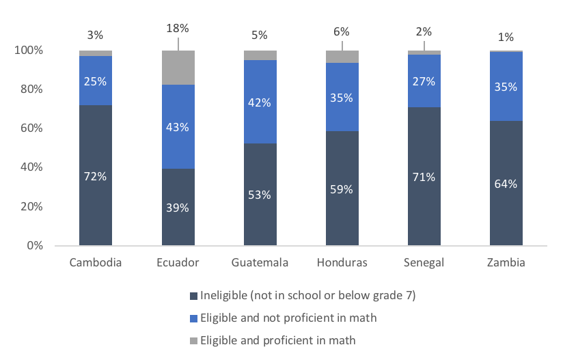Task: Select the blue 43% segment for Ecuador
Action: pyautogui.click(x=178, y=126)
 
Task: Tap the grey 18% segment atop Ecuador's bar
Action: pyautogui.click(x=178, y=68)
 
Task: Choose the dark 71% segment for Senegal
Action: pyautogui.click(x=424, y=176)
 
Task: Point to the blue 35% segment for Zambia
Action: pyautogui.click(x=506, y=87)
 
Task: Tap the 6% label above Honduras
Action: pyautogui.click(x=342, y=31)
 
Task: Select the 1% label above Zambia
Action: pyautogui.click(x=506, y=37)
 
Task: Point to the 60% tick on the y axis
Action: pyautogui.click(x=30, y=128)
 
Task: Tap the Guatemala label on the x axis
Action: pyautogui.click(x=260, y=263)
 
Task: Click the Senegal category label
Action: pyautogui.click(x=424, y=263)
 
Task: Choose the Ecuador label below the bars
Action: pyautogui.click(x=178, y=263)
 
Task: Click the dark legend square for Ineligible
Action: pyautogui.click(x=193, y=296)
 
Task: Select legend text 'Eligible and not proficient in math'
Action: pyautogui.click(x=288, y=318)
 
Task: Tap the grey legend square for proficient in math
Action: pyautogui.click(x=193, y=340)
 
